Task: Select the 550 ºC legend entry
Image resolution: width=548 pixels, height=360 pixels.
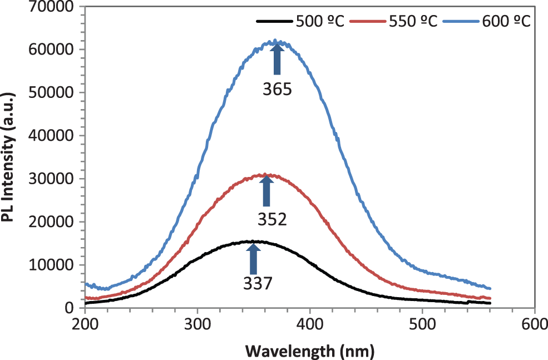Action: tap(410, 22)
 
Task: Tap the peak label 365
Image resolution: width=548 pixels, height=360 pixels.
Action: tap(277, 90)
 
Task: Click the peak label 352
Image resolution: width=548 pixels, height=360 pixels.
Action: tap(271, 219)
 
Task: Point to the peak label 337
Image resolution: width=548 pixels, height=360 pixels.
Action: tap(258, 284)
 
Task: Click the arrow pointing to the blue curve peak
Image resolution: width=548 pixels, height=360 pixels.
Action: tap(277, 60)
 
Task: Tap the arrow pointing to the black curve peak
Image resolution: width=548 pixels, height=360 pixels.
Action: tap(253, 257)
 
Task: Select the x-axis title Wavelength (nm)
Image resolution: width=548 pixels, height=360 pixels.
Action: tap(309, 351)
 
